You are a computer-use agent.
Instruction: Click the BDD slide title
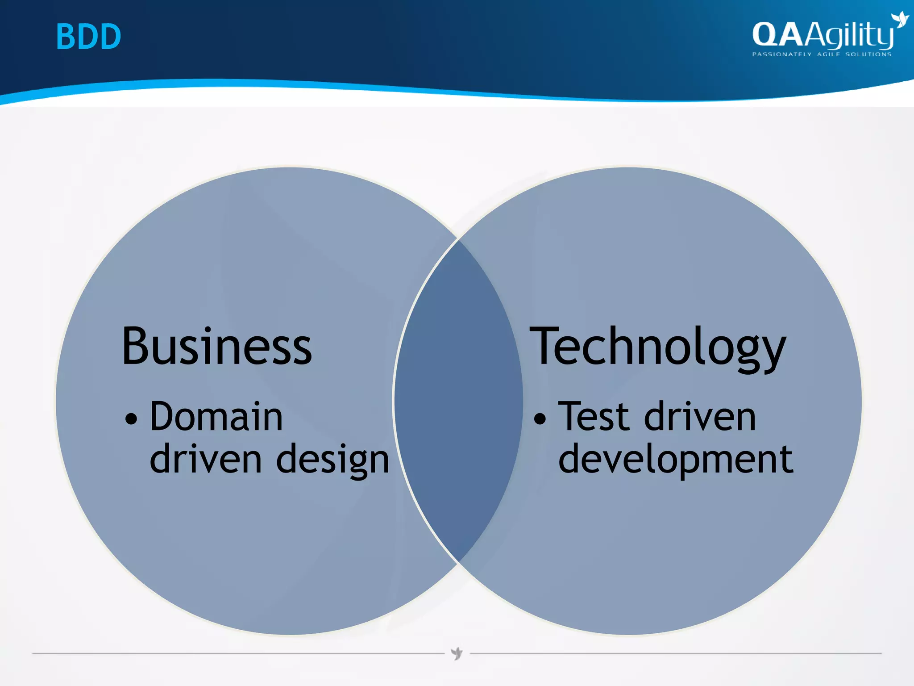[88, 37]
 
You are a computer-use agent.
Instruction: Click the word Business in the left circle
[217, 347]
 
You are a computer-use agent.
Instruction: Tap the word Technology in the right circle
[657, 347]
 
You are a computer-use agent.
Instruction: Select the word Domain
[216, 417]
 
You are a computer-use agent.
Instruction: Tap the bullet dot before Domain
[131, 419]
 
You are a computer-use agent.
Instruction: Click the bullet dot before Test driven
[540, 419]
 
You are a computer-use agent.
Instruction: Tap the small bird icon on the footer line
[457, 653]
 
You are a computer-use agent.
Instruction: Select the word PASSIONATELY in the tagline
[781, 54]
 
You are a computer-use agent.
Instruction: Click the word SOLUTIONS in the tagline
[868, 54]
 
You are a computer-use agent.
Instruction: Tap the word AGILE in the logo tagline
[828, 54]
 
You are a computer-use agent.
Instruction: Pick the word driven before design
[205, 459]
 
